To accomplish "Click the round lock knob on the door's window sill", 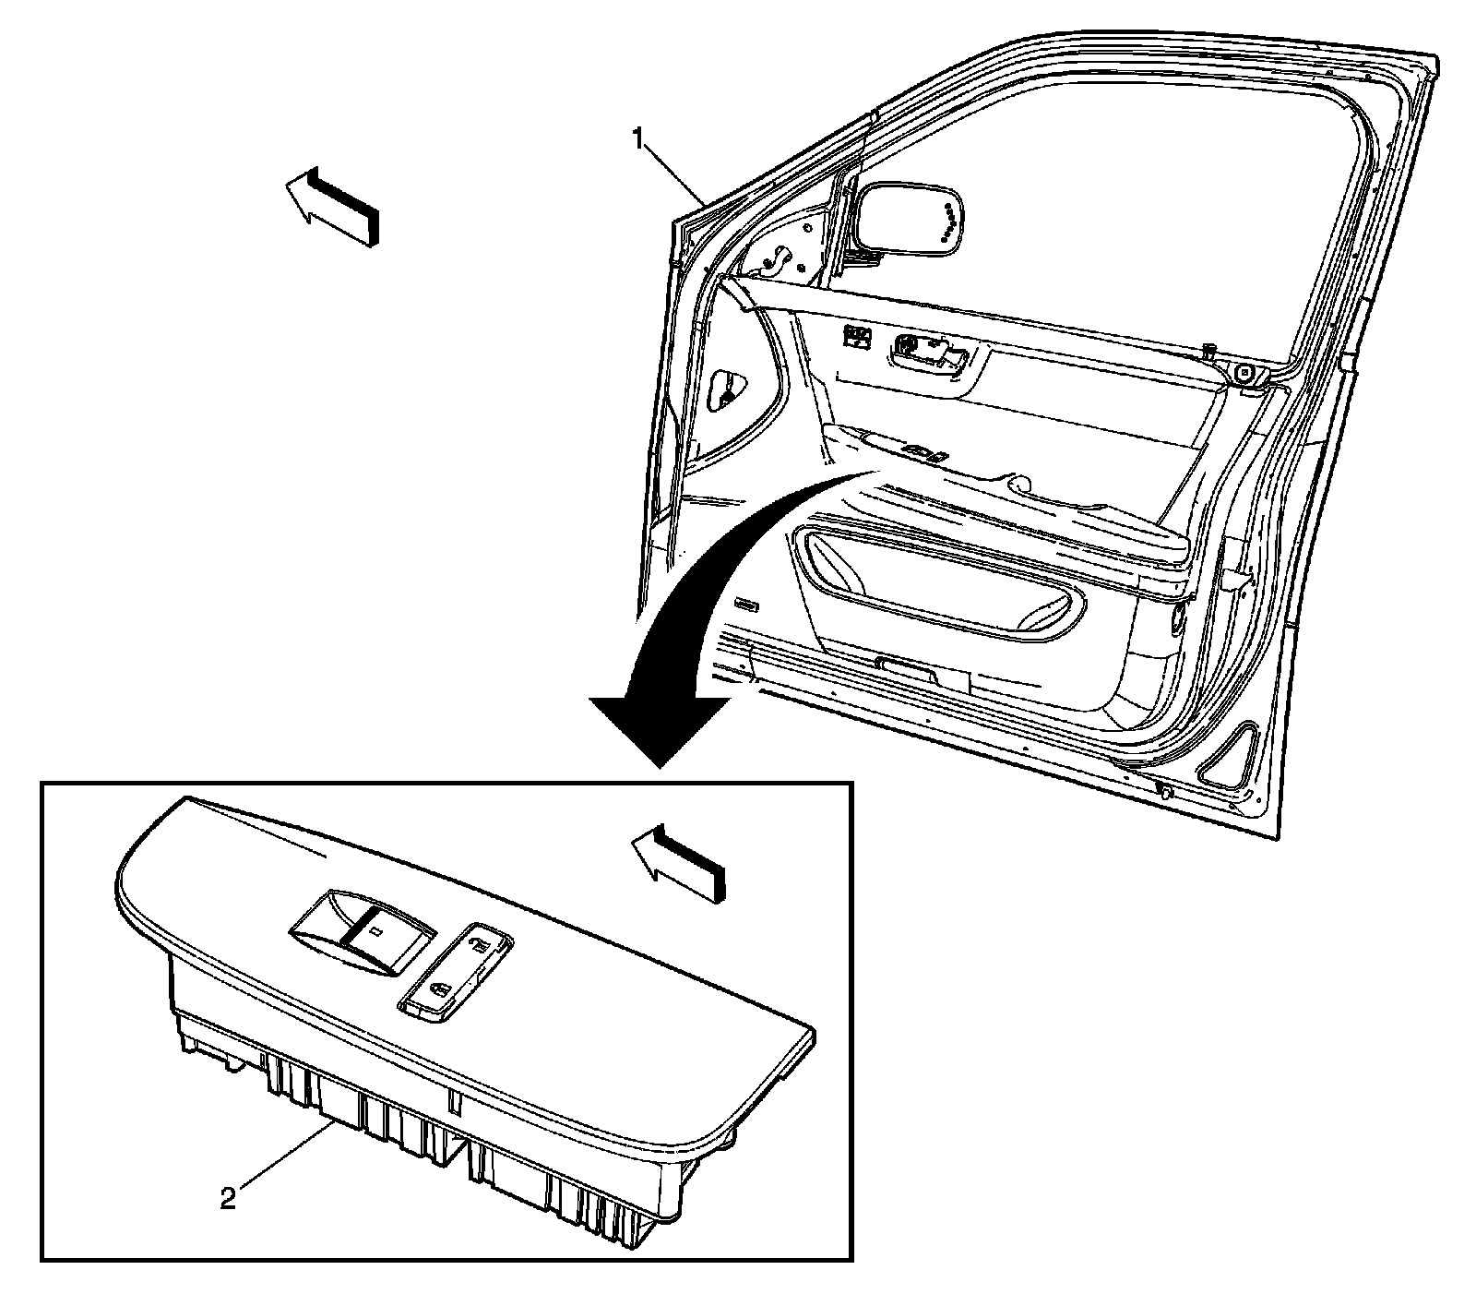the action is point(1245,374).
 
